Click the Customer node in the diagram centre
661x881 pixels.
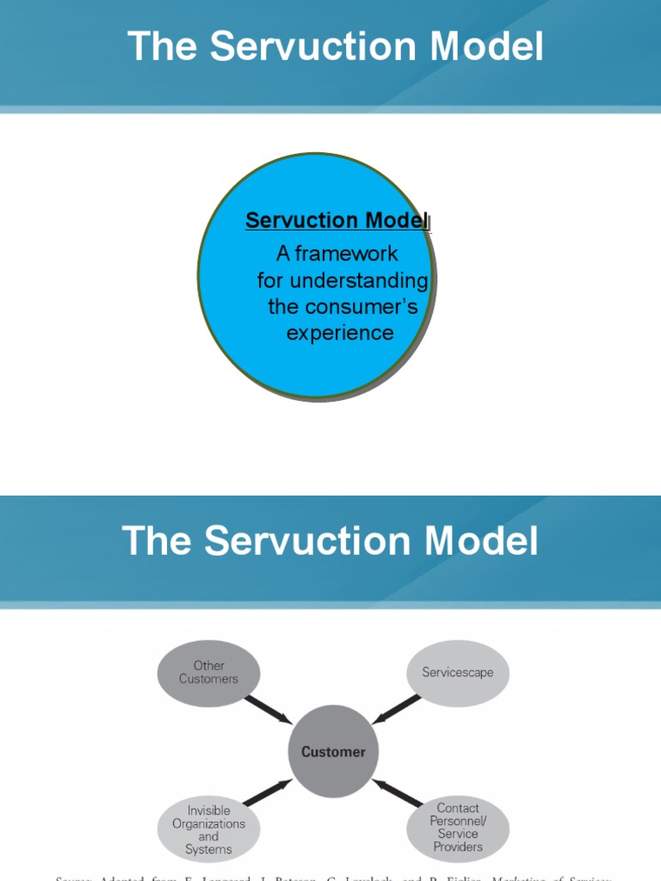(x=333, y=752)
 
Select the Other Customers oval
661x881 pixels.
(x=208, y=672)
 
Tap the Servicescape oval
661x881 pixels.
(x=458, y=672)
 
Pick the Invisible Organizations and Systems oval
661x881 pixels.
(x=208, y=829)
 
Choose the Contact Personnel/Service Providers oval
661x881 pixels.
(x=458, y=828)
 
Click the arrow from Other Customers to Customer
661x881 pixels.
(x=268, y=710)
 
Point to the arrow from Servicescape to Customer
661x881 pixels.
(x=397, y=709)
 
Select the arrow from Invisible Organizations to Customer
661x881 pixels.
(x=268, y=792)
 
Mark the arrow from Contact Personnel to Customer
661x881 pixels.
(x=398, y=792)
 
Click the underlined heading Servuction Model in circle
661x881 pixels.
(x=337, y=220)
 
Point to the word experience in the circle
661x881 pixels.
(x=340, y=333)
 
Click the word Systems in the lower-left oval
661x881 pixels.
(x=208, y=849)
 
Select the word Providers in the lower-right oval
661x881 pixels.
(x=458, y=847)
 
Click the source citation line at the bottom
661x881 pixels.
(x=333, y=878)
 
